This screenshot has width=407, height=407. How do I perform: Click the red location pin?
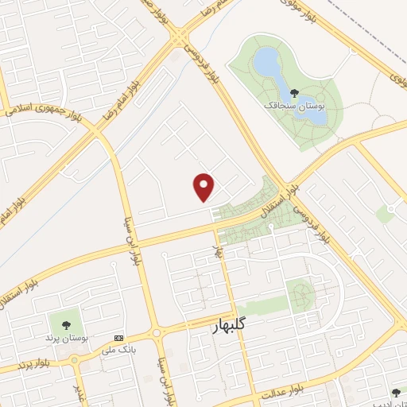(204, 187)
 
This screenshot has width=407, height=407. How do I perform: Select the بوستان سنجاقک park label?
(297, 104)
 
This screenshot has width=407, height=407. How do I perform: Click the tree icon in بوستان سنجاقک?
(295, 93)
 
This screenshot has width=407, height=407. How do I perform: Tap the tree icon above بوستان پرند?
(63, 324)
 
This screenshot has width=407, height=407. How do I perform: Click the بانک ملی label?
(119, 348)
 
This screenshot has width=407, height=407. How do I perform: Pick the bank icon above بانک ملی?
(119, 337)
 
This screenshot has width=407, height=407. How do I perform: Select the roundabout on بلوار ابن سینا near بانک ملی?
(157, 331)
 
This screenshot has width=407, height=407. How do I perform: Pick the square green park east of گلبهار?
(301, 295)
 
